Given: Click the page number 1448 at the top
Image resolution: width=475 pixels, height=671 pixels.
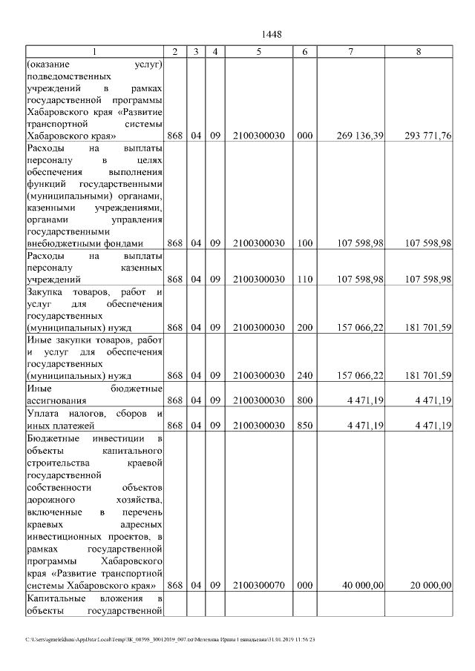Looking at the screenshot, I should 272,35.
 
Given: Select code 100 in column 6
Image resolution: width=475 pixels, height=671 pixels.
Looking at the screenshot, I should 304,242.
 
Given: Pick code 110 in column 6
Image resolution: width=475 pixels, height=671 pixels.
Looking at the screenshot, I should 304,279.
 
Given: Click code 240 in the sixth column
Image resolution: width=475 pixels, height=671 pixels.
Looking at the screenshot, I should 304,375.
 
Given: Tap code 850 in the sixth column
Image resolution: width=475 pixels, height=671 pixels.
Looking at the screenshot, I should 304,424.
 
